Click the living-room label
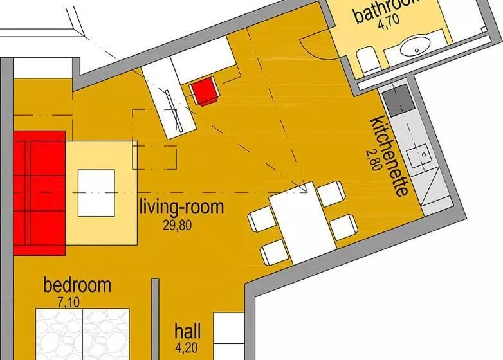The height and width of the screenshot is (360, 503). pyautogui.click(x=182, y=208)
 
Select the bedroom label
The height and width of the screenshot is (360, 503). pyautogui.click(x=77, y=284)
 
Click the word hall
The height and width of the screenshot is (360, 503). pyautogui.click(x=187, y=332)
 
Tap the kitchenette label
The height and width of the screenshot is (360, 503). pyautogui.click(x=390, y=157)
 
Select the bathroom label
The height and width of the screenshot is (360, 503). pyautogui.click(x=386, y=11)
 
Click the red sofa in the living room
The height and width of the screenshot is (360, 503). pyautogui.click(x=39, y=192)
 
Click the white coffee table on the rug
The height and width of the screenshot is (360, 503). pyautogui.click(x=96, y=192)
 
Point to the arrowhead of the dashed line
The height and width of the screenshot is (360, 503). pyautogui.click(x=303, y=188)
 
